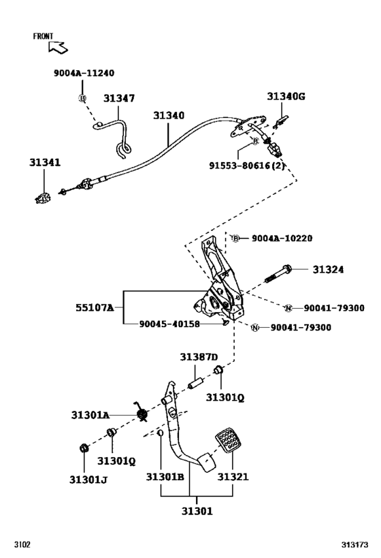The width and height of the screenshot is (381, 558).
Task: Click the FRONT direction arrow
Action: [x=59, y=47]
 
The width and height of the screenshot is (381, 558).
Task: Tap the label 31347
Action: [x=119, y=99]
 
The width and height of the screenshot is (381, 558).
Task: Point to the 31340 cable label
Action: [x=168, y=117]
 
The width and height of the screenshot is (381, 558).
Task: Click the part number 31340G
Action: [x=286, y=97]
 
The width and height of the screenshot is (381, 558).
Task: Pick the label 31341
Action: [x=44, y=163]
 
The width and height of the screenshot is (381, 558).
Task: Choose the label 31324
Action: [x=329, y=270]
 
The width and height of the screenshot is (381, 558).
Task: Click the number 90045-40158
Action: [x=169, y=324]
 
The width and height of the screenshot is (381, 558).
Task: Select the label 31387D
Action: [x=199, y=357]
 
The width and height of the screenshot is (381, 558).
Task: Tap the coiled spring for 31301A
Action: [x=143, y=414]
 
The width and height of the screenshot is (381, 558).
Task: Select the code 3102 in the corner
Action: [x=23, y=546]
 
